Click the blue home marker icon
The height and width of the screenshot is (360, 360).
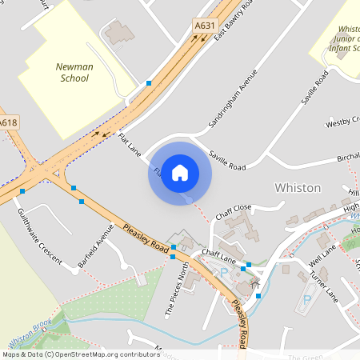(180, 172)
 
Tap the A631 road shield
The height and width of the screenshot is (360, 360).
(205, 26)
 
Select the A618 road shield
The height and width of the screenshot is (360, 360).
(7, 122)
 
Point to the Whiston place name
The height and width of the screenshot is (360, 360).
(298, 187)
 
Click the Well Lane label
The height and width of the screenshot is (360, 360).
(323, 262)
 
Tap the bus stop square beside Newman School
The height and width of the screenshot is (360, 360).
(149, 83)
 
